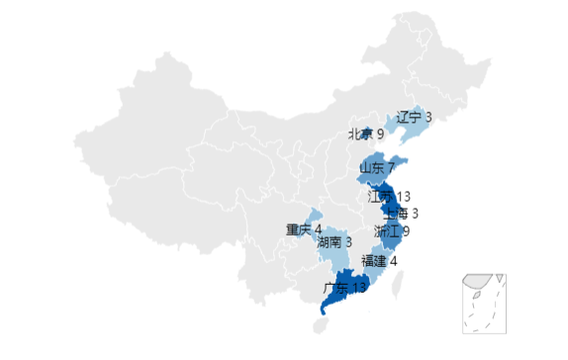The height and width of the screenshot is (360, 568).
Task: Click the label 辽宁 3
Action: [x=414, y=117]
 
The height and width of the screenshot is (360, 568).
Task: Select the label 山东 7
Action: [x=376, y=167]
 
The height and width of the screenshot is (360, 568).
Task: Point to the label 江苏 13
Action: [x=389, y=197]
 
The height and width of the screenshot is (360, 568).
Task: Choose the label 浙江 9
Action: [x=392, y=231]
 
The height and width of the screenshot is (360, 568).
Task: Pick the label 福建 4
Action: [x=379, y=261]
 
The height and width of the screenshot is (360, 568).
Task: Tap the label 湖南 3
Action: [x=334, y=241]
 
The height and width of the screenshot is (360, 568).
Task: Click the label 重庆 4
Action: [x=304, y=230]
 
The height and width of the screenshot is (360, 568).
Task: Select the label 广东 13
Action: [x=344, y=288]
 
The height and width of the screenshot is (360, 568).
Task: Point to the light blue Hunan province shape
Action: [x=337, y=255]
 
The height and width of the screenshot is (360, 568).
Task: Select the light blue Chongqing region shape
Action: [x=314, y=219]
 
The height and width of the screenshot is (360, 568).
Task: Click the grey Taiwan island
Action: [x=400, y=286]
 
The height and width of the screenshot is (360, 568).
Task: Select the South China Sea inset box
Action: [x=484, y=302]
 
